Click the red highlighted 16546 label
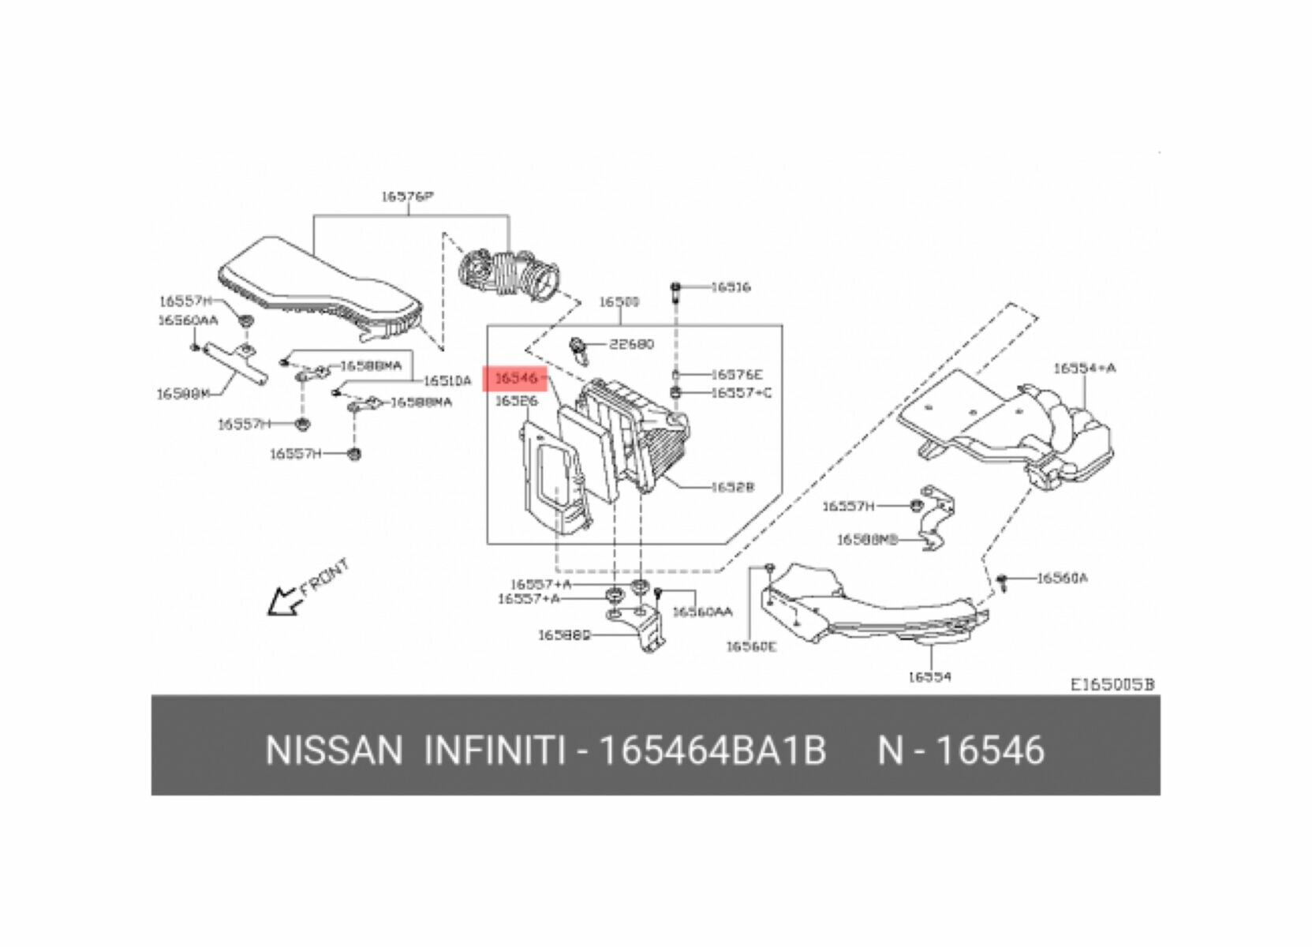(x=516, y=379)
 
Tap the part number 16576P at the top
(x=408, y=196)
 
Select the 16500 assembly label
(x=619, y=302)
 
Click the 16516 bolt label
(x=731, y=287)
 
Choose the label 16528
(x=732, y=488)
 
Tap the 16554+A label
(x=1085, y=369)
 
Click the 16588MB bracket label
(x=868, y=540)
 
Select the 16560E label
(x=751, y=647)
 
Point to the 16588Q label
(x=564, y=634)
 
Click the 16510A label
(x=447, y=381)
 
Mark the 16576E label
(x=737, y=376)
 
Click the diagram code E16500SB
(x=1112, y=685)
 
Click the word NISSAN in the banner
(x=334, y=750)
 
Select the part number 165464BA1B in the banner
(x=712, y=750)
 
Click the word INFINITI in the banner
(x=495, y=750)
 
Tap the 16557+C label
(x=741, y=393)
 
